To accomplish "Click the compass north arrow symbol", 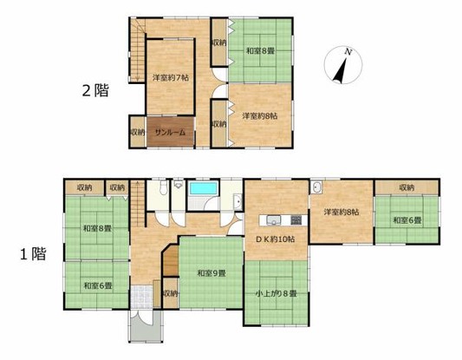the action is (x=343, y=65).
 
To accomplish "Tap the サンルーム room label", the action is (x=170, y=133).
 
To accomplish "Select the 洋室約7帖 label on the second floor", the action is (x=171, y=78).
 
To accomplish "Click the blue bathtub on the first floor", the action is (x=204, y=188).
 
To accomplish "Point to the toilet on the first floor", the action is (x=164, y=187).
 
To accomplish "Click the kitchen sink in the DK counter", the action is (x=273, y=220).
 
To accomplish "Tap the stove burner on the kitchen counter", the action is (x=296, y=220).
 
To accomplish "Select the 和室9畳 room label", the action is (x=211, y=273).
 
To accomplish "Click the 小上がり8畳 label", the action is (x=277, y=294).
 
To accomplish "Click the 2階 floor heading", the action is (x=95, y=90).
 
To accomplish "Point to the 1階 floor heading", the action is (x=33, y=254).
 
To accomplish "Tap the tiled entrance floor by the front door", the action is (x=142, y=297).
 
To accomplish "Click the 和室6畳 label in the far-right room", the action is (x=407, y=220).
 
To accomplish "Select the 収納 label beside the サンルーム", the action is (x=138, y=133).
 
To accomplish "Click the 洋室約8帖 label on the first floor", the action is (x=342, y=212).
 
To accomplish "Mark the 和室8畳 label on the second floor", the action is (x=260, y=51).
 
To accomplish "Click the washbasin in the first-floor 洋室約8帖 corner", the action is (x=316, y=187).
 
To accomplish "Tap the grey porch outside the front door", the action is (x=146, y=326).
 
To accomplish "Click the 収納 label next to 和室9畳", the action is (x=171, y=294).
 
